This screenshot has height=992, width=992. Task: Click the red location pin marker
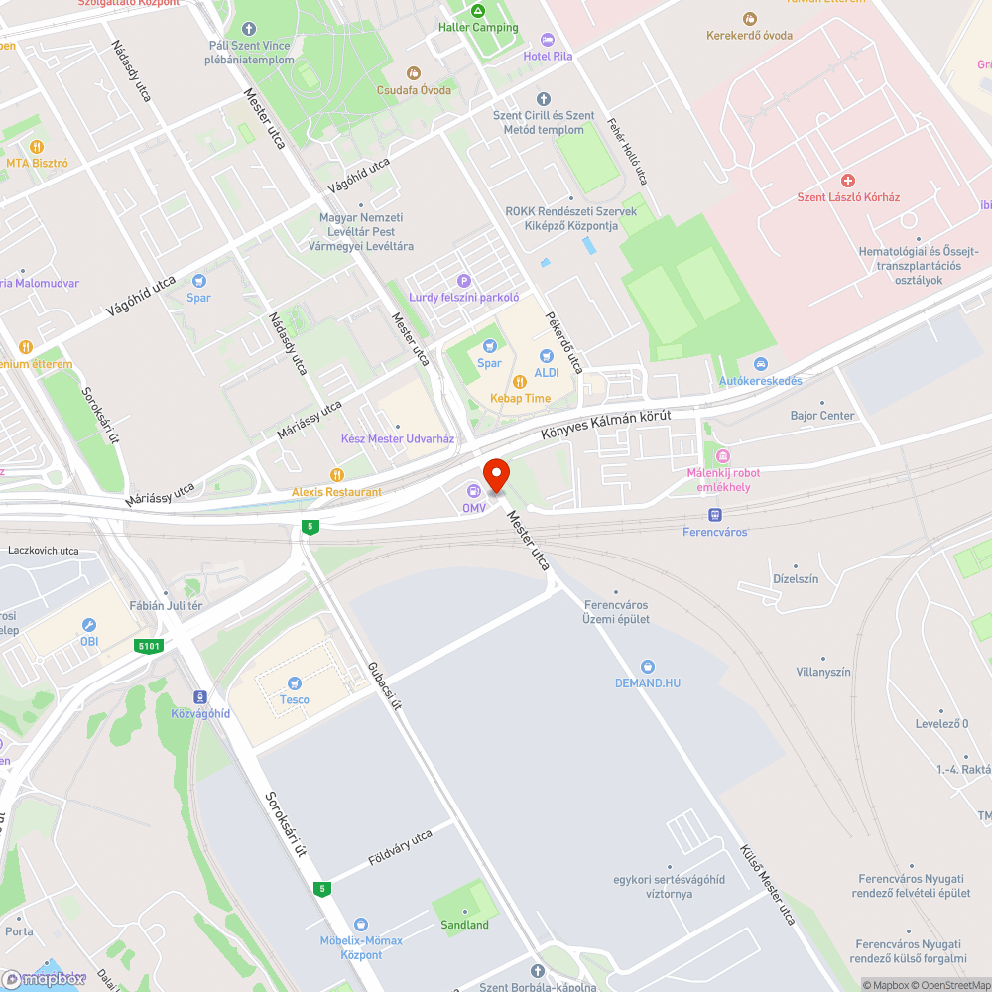click(495, 474)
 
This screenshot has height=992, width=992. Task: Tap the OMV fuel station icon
click(473, 491)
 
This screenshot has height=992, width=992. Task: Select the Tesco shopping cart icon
click(294, 682)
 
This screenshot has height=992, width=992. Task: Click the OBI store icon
click(89, 625)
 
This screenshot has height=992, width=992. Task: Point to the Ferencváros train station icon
click(714, 515)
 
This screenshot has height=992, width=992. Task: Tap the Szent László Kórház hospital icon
click(848, 181)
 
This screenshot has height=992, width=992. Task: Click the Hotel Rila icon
click(548, 40)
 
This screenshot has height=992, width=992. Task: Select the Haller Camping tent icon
click(478, 11)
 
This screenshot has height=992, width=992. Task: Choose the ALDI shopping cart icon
click(547, 356)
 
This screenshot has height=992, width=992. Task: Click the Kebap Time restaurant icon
click(520, 381)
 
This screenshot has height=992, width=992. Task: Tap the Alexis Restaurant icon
click(337, 475)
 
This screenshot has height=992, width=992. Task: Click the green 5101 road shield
click(148, 646)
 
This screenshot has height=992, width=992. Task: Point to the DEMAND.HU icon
click(648, 667)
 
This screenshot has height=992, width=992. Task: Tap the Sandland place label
click(464, 925)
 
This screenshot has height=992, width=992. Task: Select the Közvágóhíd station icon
click(200, 697)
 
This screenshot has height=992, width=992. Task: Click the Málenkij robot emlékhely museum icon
click(723, 456)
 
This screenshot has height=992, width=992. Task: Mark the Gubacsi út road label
click(384, 687)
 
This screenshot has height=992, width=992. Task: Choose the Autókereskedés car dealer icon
click(761, 364)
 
